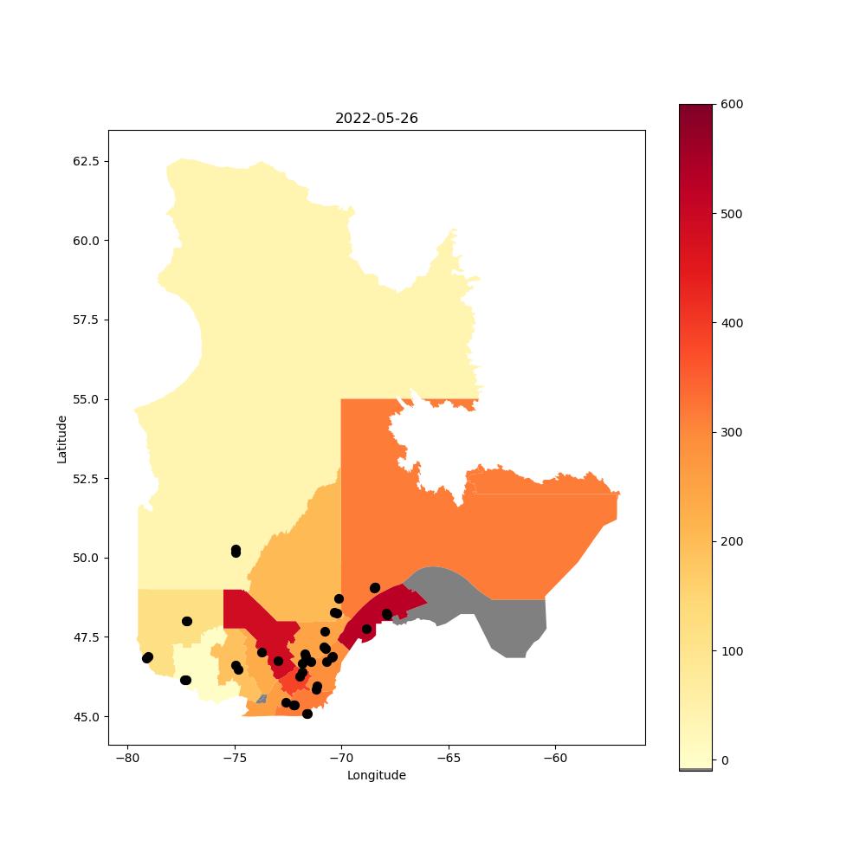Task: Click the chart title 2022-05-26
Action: pos(376,118)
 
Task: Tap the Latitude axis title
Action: pos(61,439)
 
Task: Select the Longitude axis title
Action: pos(376,775)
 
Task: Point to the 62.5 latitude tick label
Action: pos(86,161)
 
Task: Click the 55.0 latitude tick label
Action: pos(86,399)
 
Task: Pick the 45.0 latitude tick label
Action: pos(86,717)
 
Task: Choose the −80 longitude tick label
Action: pos(127,758)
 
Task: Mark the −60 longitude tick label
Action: pos(556,758)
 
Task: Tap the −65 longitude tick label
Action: pos(449,758)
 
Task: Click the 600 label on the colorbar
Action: pos(732,105)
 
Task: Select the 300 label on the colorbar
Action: pos(732,432)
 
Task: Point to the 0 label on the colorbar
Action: pos(725,760)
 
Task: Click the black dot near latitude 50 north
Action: pos(236,551)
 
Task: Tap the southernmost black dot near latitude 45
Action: pos(307,714)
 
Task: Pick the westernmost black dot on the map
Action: pos(147,658)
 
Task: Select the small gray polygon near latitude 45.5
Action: pos(262,699)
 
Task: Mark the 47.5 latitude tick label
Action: pos(86,637)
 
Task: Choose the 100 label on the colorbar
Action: pos(732,651)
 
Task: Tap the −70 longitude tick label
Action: pos(341,758)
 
